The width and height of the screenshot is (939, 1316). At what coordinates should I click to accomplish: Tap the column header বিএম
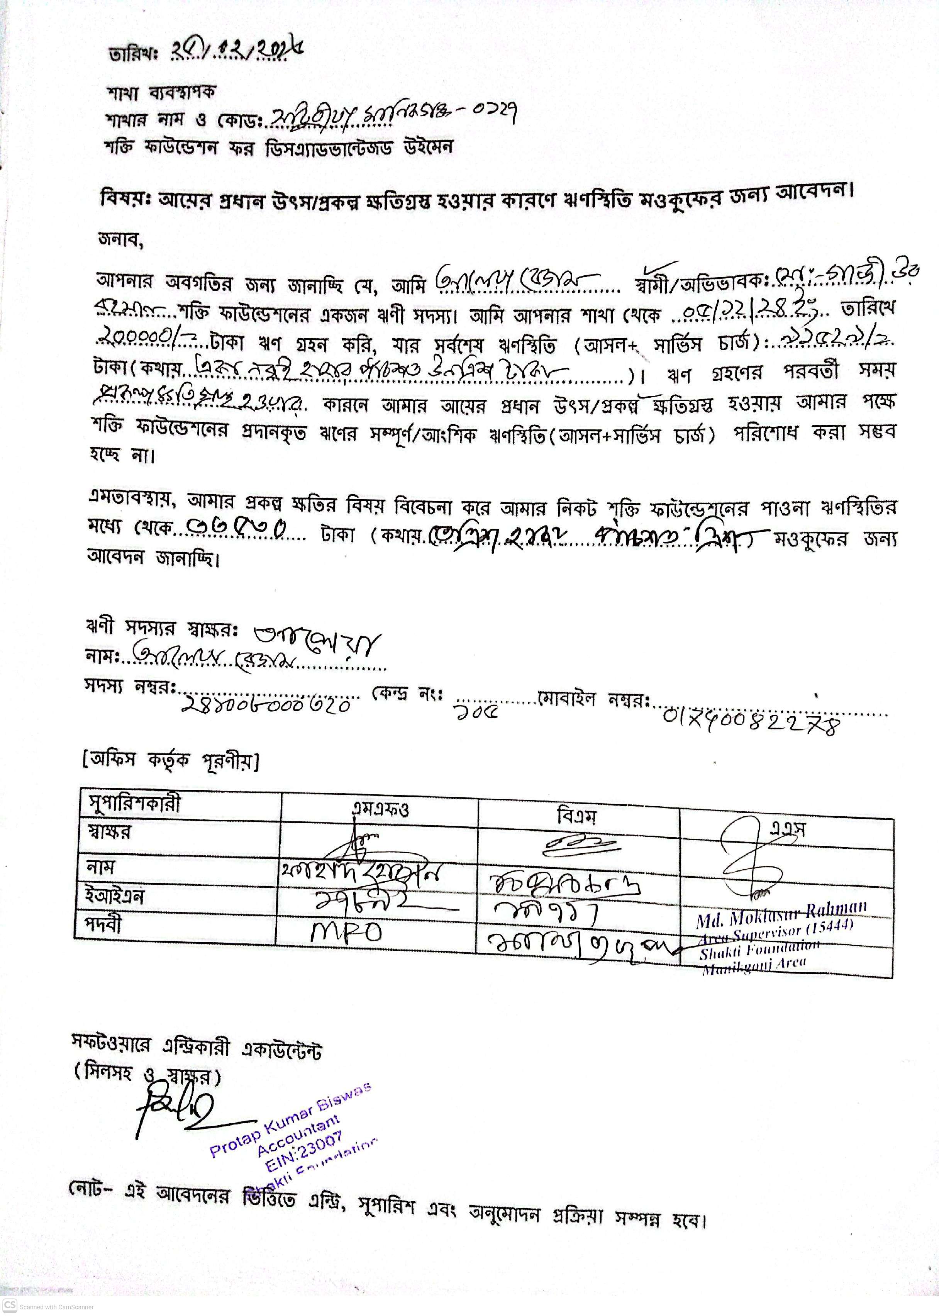pos(576,816)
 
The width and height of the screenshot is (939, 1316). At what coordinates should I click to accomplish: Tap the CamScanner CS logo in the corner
pos(10,1305)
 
